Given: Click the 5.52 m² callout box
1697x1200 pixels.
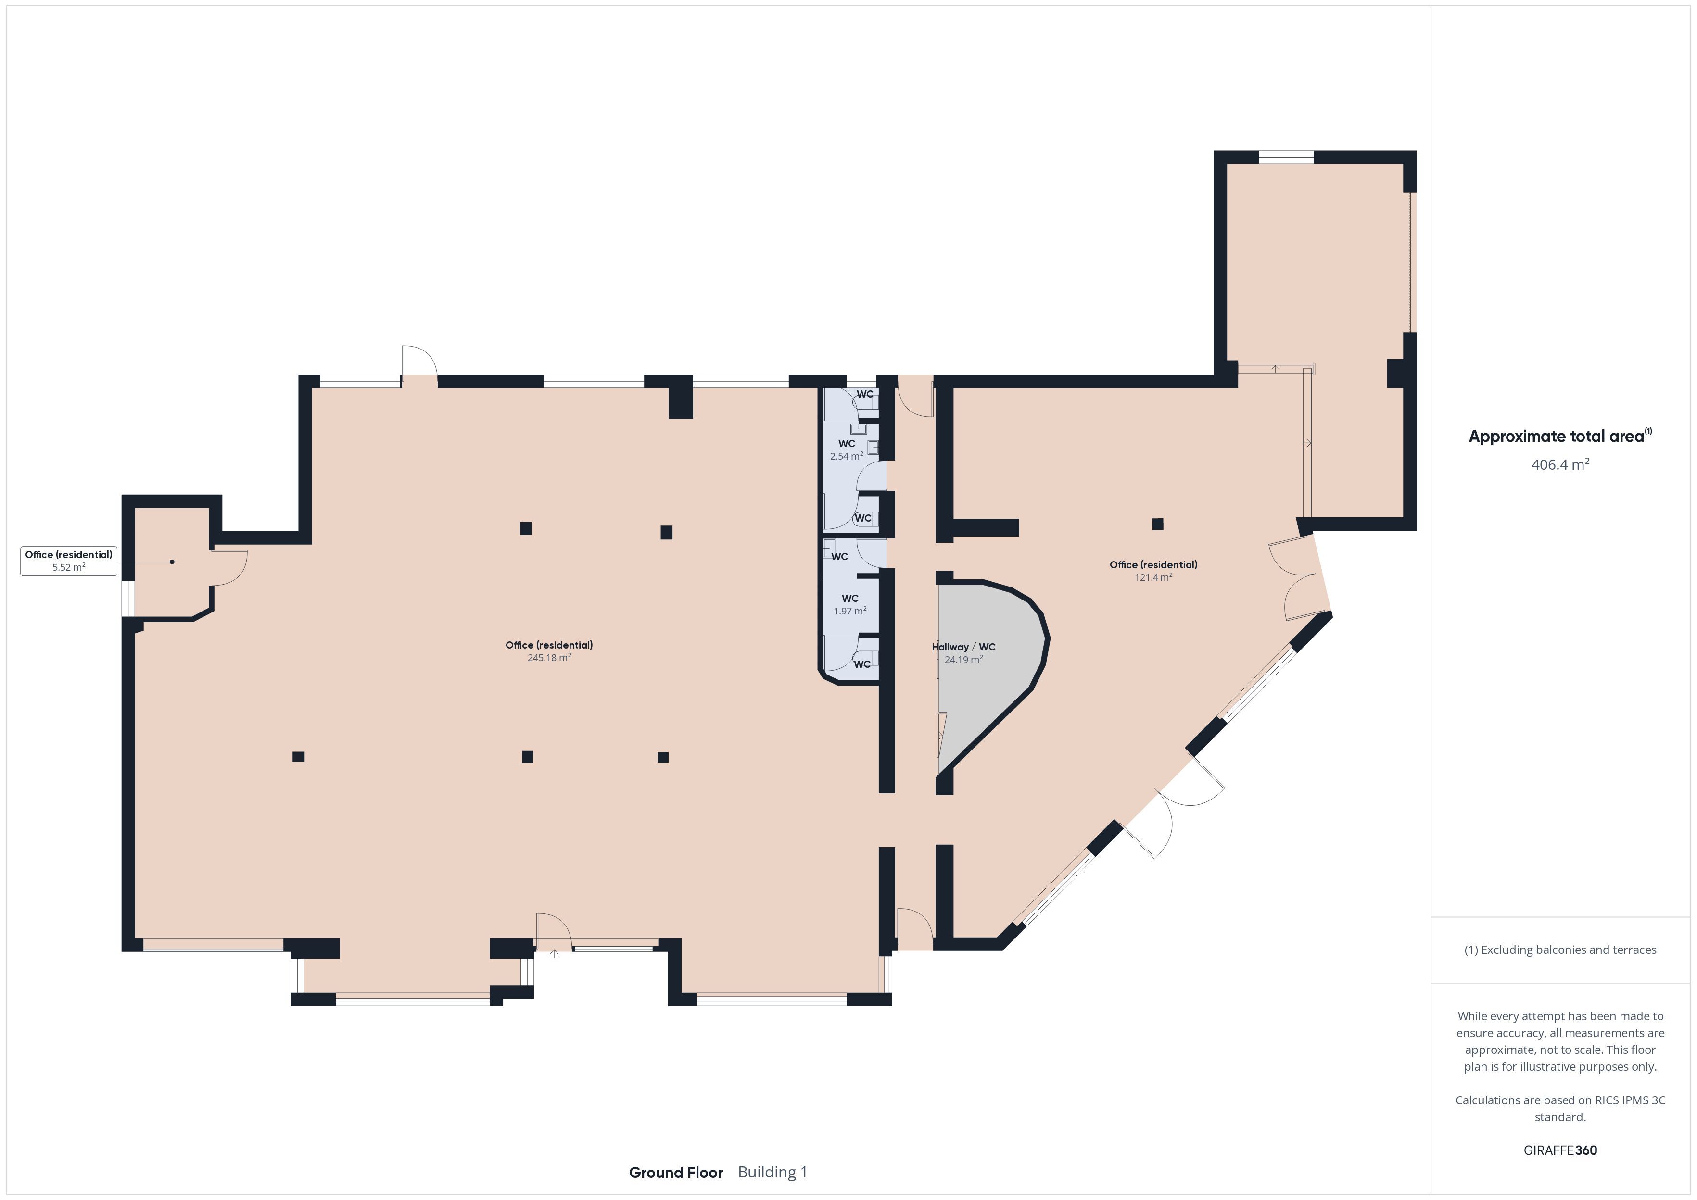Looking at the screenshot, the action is click(x=69, y=561).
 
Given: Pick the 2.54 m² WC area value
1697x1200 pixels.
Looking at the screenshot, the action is click(x=846, y=457).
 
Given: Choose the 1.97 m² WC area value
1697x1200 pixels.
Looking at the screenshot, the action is click(x=850, y=611).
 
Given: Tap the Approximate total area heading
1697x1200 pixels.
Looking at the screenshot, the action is click(x=1559, y=436).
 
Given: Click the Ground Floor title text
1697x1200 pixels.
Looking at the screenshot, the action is click(x=675, y=1172).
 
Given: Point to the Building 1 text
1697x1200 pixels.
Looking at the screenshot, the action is click(x=773, y=1172).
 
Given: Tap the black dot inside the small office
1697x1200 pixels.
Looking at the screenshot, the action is click(x=172, y=562).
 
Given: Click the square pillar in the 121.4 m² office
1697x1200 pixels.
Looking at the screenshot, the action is click(x=1157, y=524).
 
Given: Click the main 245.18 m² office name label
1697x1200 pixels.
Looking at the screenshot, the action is click(x=549, y=645).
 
